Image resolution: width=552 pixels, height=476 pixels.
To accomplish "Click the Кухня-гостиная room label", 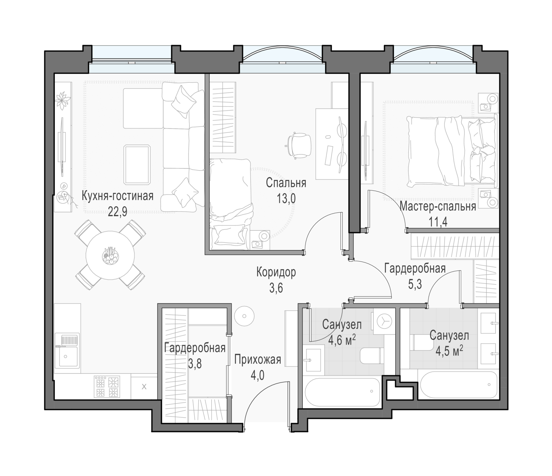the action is [117, 196].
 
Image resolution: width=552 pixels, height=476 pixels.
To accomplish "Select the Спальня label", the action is [286, 183].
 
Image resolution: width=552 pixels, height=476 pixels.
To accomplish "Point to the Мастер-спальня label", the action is [438, 207].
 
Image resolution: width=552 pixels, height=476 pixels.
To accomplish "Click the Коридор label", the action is [276, 272].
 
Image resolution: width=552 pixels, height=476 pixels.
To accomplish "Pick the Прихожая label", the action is [258, 360].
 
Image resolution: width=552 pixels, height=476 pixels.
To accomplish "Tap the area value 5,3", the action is [415, 285].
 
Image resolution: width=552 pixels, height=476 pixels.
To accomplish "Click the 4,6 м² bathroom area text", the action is [342, 341].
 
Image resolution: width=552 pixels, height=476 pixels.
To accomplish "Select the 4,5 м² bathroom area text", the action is [449, 351].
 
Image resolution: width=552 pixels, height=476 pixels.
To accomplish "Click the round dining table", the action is [110, 255].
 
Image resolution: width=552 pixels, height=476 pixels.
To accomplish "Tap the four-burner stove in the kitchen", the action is [107, 386].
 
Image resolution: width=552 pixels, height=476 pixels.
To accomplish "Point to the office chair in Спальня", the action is [299, 146].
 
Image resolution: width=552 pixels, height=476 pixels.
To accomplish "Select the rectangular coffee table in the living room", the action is [137, 165].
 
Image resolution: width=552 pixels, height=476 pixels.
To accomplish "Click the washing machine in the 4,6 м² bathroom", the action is [384, 322].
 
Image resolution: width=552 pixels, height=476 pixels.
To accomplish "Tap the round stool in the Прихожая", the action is [244, 316].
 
